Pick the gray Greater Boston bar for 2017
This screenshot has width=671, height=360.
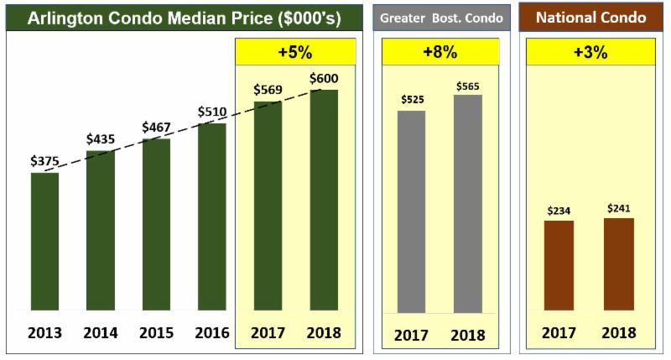tap(411, 211)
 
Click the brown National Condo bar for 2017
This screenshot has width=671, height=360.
tap(559, 265)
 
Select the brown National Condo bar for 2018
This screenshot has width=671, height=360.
tap(619, 264)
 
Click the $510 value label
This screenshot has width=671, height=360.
tap(212, 112)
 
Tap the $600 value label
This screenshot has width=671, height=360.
tap(324, 78)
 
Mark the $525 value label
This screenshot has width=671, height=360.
tap(411, 100)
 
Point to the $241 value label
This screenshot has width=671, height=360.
tap(619, 207)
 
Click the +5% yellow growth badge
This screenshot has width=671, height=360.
tap(295, 52)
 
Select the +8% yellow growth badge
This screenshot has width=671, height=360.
tap(440, 52)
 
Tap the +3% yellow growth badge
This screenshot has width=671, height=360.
tap(590, 52)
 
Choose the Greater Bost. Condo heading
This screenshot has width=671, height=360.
tap(441, 18)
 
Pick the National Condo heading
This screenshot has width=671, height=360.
tap(590, 18)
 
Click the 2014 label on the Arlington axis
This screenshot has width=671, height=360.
tap(100, 332)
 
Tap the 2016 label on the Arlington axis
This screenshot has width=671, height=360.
tap(212, 332)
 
